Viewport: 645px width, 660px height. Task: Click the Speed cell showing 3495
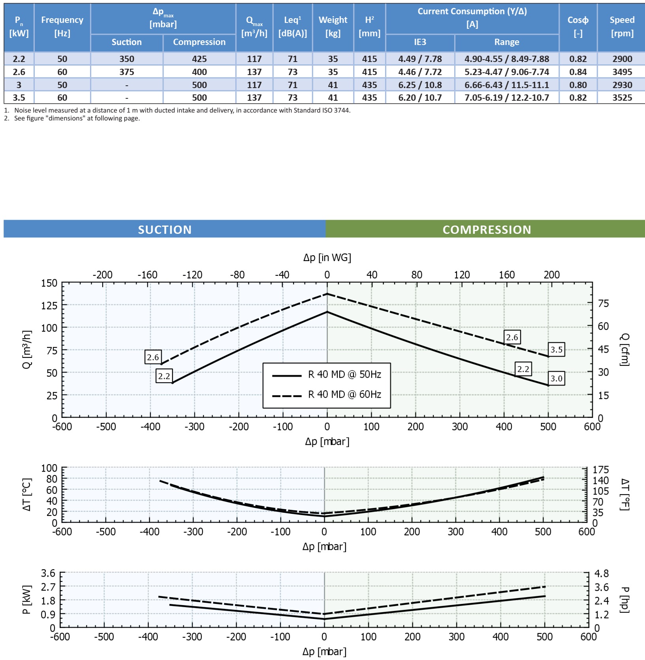[x=622, y=72]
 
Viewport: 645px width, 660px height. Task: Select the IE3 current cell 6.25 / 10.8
[x=420, y=85]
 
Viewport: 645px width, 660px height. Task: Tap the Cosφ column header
[x=578, y=26]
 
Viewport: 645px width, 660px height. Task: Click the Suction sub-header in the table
[x=126, y=42]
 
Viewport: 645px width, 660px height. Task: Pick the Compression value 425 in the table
[x=199, y=59]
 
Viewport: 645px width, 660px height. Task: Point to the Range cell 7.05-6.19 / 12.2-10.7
[x=506, y=98]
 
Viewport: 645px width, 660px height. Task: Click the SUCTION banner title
[x=165, y=229]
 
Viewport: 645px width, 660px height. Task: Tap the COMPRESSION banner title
[x=487, y=229]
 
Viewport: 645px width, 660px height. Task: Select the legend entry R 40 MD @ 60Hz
[x=344, y=395]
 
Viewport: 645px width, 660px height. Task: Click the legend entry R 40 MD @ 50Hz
[x=344, y=374]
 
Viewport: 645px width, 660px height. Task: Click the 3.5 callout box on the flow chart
[x=556, y=350]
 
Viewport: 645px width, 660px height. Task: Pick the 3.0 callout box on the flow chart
[x=556, y=378]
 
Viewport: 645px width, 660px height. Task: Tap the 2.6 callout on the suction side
[x=153, y=357]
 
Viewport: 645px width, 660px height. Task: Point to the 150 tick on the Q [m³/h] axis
[x=49, y=283]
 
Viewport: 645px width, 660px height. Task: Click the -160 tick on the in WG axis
[x=147, y=275]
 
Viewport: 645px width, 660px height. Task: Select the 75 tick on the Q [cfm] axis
[x=603, y=303]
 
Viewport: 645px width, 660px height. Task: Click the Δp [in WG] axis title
[x=327, y=258]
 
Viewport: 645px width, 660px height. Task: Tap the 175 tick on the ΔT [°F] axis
[x=600, y=470]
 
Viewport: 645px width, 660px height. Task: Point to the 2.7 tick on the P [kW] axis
[x=48, y=587]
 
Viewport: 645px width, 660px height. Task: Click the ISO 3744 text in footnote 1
[x=336, y=111]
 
